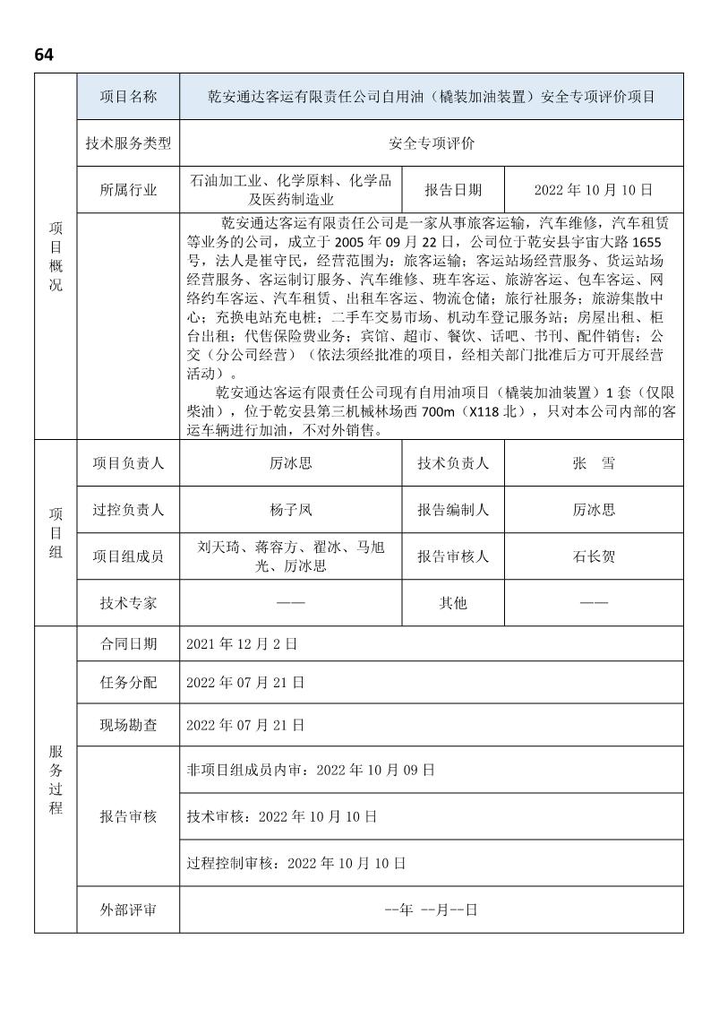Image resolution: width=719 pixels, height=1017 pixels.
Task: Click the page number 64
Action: click(44, 55)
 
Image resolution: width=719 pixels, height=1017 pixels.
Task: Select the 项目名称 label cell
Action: click(128, 97)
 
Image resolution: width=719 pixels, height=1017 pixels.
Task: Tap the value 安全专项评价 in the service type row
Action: click(432, 143)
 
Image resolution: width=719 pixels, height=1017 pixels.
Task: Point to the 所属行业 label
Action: click(128, 189)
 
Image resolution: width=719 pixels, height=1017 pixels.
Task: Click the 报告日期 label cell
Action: click(453, 189)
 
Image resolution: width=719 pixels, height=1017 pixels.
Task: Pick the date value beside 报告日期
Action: click(593, 189)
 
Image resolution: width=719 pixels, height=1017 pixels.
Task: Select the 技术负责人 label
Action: click(453, 463)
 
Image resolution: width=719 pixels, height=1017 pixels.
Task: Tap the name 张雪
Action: click(594, 463)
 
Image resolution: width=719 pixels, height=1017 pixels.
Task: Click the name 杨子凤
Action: click(291, 510)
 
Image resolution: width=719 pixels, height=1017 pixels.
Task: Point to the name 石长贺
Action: click(594, 556)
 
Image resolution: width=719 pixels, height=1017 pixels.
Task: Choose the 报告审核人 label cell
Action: click(453, 556)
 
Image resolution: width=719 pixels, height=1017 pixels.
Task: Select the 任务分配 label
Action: click(128, 682)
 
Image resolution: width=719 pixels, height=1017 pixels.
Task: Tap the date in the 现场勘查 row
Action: click(245, 724)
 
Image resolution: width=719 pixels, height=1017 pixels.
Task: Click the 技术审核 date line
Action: click(281, 816)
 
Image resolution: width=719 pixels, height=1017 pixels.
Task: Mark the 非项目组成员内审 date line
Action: click(311, 769)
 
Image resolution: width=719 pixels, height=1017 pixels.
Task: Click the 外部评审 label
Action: click(128, 909)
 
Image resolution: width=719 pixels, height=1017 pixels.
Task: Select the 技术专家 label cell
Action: click(128, 603)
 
